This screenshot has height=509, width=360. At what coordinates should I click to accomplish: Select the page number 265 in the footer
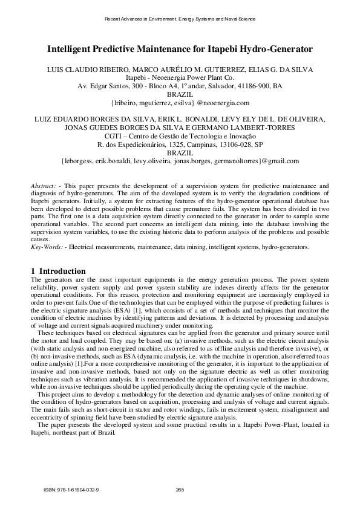click(179, 488)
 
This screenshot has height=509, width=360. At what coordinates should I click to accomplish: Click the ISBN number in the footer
click(71, 488)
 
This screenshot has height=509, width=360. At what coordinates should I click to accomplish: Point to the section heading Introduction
click(62, 271)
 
